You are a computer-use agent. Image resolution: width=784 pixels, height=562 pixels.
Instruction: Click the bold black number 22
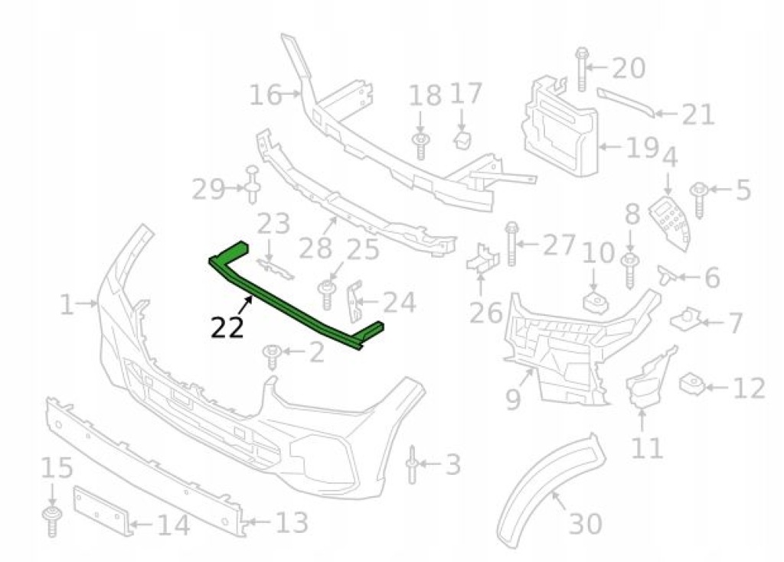[227, 328]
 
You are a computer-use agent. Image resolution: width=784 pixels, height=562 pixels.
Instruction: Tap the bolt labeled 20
[581, 70]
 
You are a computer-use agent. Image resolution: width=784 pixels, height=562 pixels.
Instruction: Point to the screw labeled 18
[420, 146]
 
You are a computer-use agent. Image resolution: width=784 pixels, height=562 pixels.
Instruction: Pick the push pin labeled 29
[253, 185]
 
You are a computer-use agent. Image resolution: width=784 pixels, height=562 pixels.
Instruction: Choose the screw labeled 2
[272, 356]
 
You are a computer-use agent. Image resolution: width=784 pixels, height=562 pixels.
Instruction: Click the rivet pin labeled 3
[412, 465]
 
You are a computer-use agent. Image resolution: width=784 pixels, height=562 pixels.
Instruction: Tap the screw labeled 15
[52, 521]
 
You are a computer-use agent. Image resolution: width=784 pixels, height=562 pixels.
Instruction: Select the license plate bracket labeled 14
[103, 510]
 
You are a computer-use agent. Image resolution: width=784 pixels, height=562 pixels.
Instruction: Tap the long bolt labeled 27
[511, 244]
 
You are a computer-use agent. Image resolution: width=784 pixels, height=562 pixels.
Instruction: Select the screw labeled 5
[699, 200]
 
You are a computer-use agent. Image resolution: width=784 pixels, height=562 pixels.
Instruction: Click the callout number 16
[265, 95]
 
